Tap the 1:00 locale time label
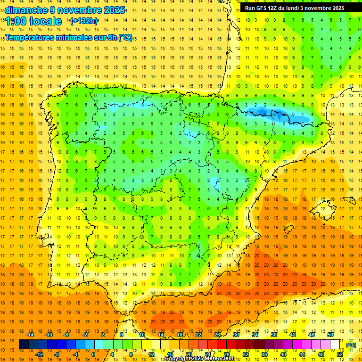click(33, 21)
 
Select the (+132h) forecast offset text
click(84, 21)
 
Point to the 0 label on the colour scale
click(93, 354)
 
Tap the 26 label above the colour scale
click(217, 334)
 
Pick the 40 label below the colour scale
click(283, 354)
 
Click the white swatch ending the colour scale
click(335, 345)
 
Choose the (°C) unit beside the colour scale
click(351, 345)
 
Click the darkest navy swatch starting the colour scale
click(24, 345)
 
